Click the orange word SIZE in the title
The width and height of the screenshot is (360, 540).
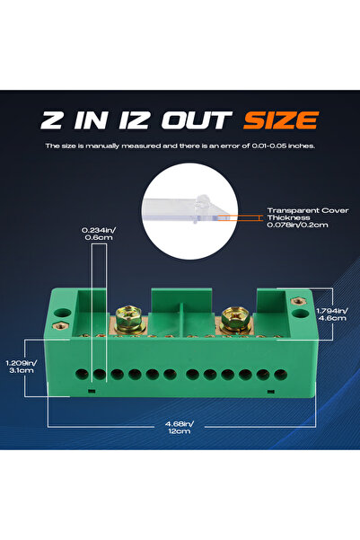click(x=281, y=120)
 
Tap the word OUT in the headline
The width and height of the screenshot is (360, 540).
click(x=197, y=120)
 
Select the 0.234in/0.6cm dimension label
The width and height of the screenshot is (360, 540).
click(x=99, y=234)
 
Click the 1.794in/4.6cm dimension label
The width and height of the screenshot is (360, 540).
click(x=332, y=314)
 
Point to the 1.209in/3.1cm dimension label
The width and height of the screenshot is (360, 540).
click(x=21, y=367)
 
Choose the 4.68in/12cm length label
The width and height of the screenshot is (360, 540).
click(x=180, y=428)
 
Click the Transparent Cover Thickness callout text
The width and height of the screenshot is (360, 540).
click(x=308, y=217)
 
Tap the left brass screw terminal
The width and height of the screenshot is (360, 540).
click(x=129, y=319)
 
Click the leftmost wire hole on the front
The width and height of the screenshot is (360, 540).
click(x=82, y=375)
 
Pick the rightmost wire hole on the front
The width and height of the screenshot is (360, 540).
click(x=280, y=375)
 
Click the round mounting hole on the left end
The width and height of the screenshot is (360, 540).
click(x=62, y=314)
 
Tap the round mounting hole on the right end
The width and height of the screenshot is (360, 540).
click(x=300, y=314)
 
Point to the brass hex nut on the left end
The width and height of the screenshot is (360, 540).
click(x=60, y=325)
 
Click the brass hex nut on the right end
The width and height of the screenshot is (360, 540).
click(x=297, y=301)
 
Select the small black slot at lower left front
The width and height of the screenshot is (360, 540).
click(x=92, y=391)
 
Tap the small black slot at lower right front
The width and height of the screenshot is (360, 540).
click(x=271, y=391)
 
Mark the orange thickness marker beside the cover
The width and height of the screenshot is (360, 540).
click(x=240, y=217)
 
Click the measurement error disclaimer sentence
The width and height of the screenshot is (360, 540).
click(x=180, y=146)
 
